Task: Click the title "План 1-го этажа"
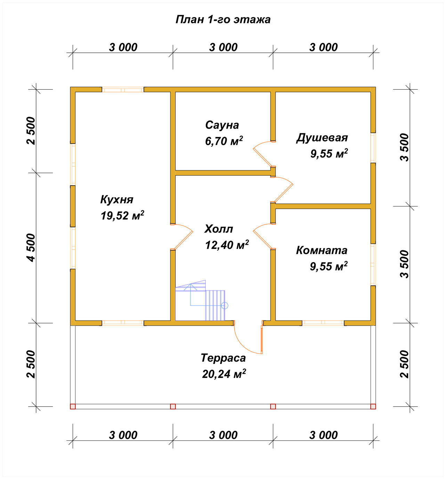(x=223, y=19)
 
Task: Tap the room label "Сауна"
(x=222, y=125)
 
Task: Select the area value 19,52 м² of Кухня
(x=122, y=216)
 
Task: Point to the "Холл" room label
(x=219, y=229)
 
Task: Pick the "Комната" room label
(x=322, y=250)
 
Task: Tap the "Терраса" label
(x=223, y=358)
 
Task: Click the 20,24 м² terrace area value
(x=224, y=374)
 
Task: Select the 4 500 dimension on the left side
(x=31, y=247)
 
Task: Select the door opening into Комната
(x=262, y=237)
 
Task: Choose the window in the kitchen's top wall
(x=123, y=90)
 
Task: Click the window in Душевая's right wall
(x=373, y=148)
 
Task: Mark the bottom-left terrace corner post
(x=73, y=407)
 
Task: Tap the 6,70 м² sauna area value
(x=224, y=141)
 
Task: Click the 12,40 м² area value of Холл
(x=227, y=245)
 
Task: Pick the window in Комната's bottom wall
(x=323, y=323)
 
